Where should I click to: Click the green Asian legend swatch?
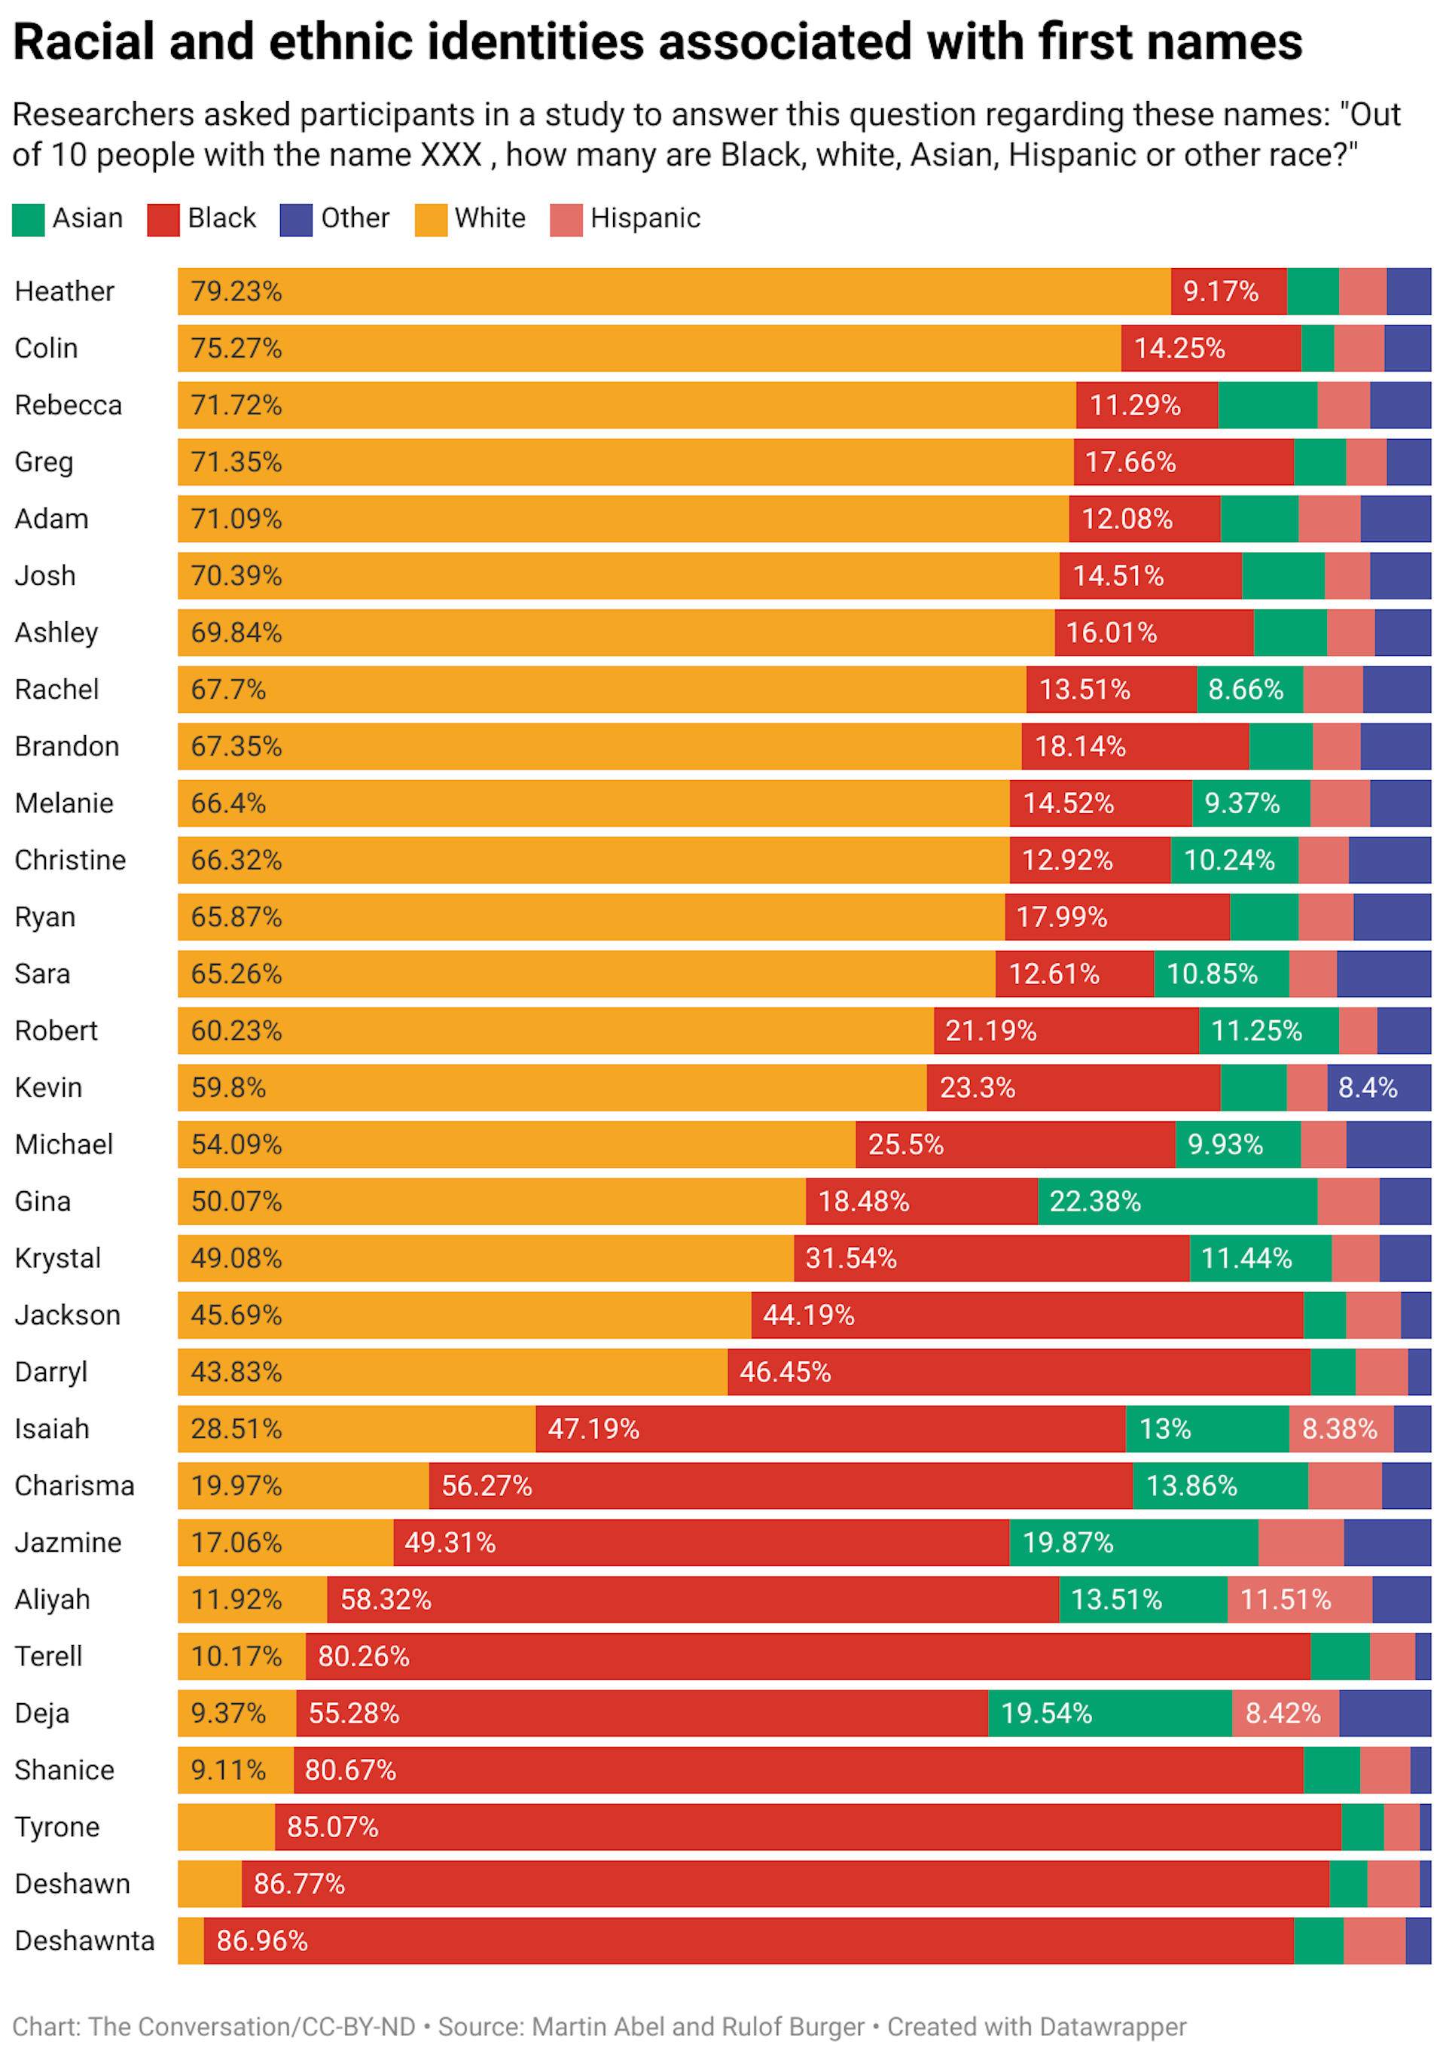click(x=28, y=220)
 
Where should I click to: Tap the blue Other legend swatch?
click(x=296, y=220)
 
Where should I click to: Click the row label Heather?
click(x=65, y=291)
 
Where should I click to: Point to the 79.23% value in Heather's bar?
click(x=236, y=291)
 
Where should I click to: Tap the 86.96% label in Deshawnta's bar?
click(x=261, y=1940)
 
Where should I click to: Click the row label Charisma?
click(x=75, y=1485)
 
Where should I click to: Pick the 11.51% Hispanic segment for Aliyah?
click(x=1298, y=1598)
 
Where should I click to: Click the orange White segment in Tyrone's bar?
click(x=226, y=1826)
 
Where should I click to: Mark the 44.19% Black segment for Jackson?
click(x=1026, y=1315)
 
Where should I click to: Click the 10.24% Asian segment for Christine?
click(x=1233, y=859)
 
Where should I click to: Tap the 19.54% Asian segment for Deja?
click(x=1109, y=1712)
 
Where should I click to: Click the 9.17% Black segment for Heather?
click(x=1228, y=291)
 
